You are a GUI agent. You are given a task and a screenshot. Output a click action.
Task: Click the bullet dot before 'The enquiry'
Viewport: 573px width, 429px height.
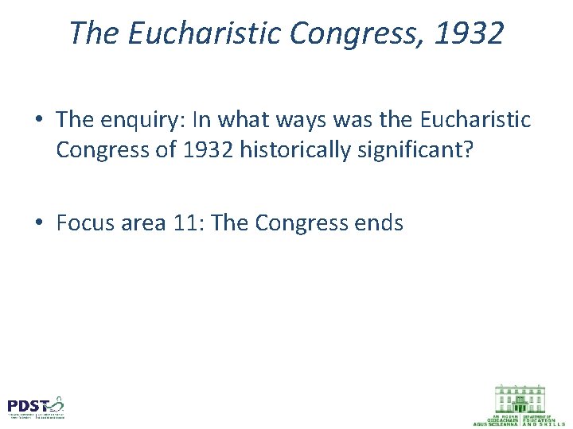click(39, 121)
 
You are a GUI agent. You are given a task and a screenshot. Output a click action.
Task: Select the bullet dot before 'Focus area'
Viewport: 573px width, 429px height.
click(39, 224)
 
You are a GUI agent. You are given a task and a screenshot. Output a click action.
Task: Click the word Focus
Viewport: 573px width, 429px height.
click(84, 223)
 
